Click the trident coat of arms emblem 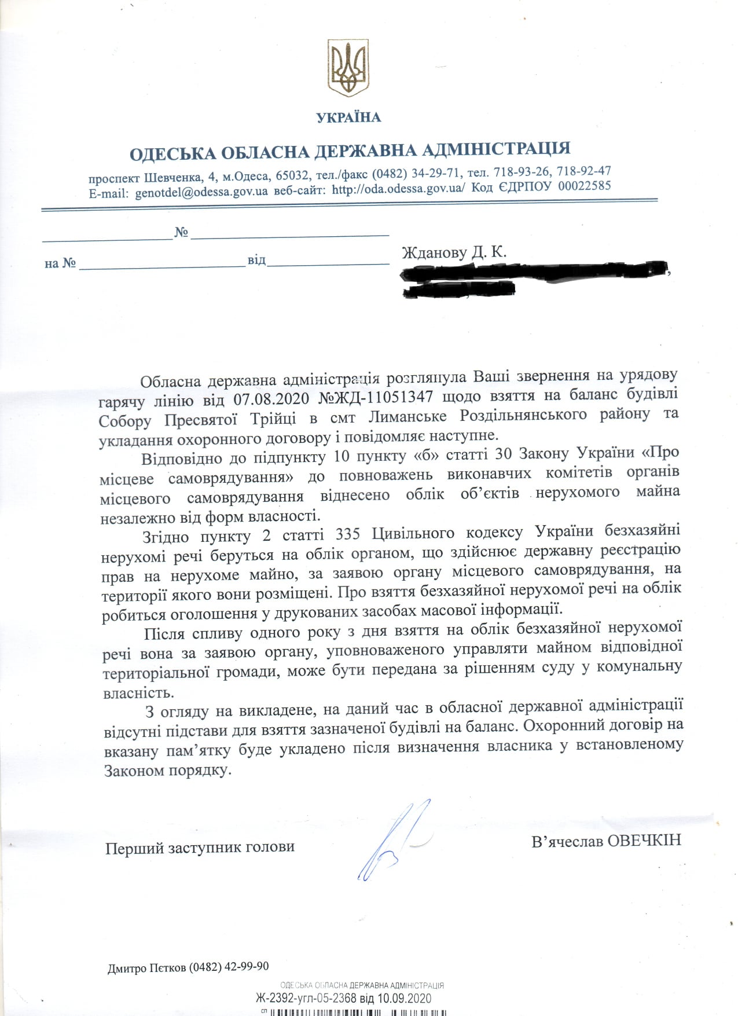(348, 68)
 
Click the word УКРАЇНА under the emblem (348, 118)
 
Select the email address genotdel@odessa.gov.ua (201, 192)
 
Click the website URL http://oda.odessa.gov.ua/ (398, 189)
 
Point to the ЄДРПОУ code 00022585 (585, 186)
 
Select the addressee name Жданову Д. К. (454, 252)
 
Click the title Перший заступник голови (200, 848)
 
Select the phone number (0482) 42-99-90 (229, 967)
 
